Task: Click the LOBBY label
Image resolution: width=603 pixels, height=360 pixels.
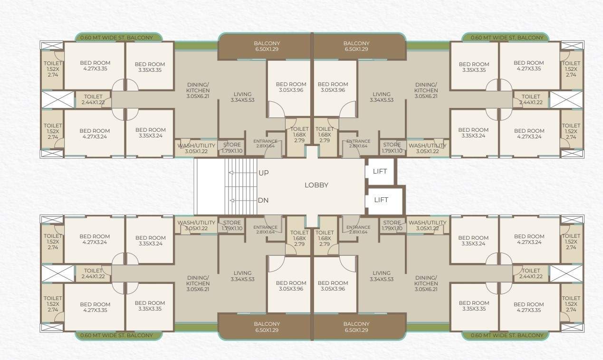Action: coord(316,185)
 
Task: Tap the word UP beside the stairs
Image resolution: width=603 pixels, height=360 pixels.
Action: coord(263,173)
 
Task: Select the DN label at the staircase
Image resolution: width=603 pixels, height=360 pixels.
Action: coord(263,200)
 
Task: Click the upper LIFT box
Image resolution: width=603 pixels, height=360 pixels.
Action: coord(380,172)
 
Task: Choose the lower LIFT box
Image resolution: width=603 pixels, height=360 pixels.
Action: coord(381,200)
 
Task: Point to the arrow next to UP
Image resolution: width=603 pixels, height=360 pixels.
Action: coord(232,173)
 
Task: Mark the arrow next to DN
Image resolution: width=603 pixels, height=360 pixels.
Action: coord(232,201)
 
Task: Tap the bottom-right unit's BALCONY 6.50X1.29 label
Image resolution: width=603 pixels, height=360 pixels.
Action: coord(356,327)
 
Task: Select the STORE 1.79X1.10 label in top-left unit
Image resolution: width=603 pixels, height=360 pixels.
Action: coord(232,148)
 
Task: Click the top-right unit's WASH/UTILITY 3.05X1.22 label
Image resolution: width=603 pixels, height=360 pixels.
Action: coord(427,148)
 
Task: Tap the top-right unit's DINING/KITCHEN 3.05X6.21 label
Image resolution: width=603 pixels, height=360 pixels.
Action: coord(426,90)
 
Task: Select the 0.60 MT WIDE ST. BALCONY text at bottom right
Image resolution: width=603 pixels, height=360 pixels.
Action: coord(507,335)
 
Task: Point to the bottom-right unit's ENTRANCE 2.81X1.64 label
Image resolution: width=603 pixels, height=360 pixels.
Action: coord(358,230)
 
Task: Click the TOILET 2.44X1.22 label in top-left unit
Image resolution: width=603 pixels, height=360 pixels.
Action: coord(93,99)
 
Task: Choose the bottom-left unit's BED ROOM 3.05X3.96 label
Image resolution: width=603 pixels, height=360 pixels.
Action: coord(291,286)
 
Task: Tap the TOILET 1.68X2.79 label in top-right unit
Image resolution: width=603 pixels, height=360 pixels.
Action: coord(325,135)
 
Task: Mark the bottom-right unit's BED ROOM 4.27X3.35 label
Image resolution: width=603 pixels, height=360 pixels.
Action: coord(529,307)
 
